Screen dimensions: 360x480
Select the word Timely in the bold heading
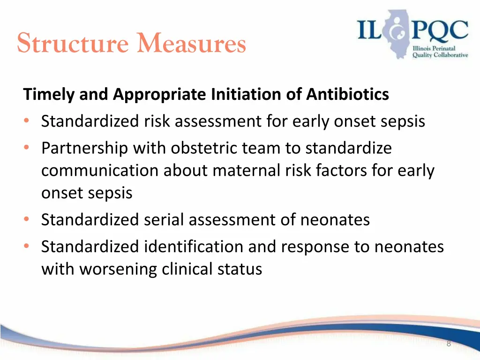pos(49,95)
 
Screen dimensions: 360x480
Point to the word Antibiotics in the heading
pos(347,95)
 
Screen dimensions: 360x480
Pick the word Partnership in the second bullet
pos(85,148)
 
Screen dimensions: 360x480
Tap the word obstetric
pos(204,148)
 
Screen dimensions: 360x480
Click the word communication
pos(100,171)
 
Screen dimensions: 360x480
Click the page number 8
pos(449,344)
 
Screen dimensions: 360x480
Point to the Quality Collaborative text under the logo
pos(440,55)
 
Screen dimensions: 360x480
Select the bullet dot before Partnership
pos(26,149)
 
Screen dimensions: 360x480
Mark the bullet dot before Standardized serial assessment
pos(26,220)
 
